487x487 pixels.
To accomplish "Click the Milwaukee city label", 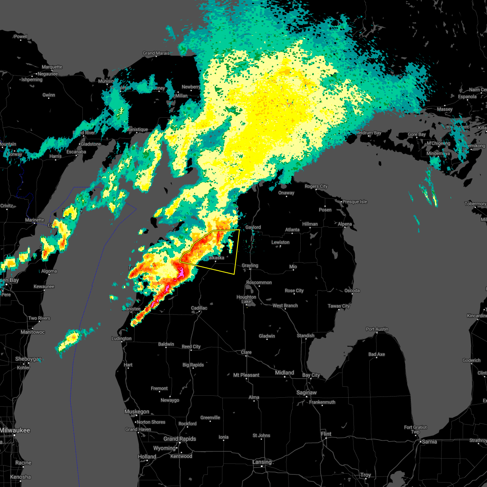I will coord(15,430).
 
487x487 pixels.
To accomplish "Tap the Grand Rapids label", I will coord(179,439).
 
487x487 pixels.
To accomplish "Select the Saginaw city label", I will coord(306,392).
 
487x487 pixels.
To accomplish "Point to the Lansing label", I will coord(262,462).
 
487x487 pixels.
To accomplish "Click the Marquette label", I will coord(52,67).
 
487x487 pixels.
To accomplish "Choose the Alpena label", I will coord(345,224).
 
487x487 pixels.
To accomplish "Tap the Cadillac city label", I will coord(199,308).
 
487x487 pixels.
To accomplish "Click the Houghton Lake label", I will coord(246,300).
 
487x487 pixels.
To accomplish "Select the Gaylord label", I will coord(253,227).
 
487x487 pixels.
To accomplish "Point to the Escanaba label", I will coord(76,152).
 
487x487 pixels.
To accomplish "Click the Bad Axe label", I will coord(376,354).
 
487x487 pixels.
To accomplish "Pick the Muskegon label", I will coord(137,412).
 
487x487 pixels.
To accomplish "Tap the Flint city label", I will coord(326,434).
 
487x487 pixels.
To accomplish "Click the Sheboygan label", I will coord(28,359).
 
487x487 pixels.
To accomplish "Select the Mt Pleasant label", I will coord(246,375).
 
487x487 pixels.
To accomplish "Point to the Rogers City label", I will coord(316,186).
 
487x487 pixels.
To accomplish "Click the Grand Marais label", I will coord(156,53).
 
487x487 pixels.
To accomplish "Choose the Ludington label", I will coord(121,338).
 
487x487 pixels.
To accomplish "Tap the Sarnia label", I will coord(429,442).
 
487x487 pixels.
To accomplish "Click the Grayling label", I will coord(250,265).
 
